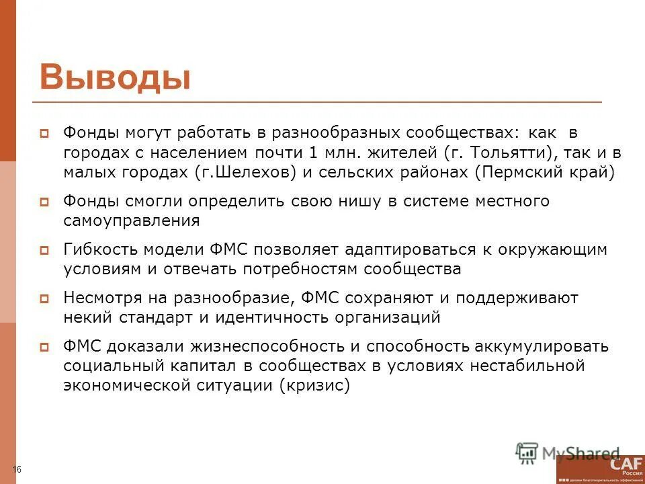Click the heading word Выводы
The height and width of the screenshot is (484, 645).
tap(115, 77)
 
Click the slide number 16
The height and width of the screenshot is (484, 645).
tap(17, 469)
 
